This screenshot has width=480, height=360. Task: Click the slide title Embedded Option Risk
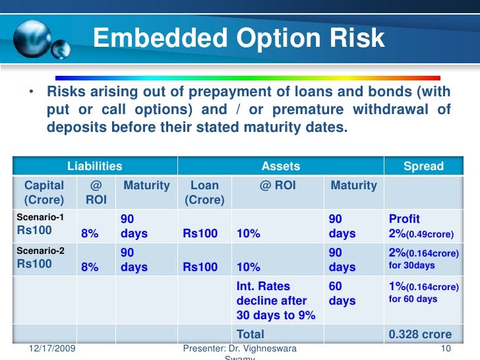239,38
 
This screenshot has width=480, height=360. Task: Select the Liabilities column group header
95,167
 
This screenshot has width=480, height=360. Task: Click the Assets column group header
281,167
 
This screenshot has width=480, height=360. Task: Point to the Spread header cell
423,167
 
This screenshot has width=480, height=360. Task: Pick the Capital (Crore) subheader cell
44,193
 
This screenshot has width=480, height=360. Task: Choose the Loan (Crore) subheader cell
204,193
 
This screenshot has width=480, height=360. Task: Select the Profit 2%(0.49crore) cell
423,226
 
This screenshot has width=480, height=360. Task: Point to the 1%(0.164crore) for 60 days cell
423,293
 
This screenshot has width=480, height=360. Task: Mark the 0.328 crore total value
420,334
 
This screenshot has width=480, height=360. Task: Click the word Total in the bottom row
250,334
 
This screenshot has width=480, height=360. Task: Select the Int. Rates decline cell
276,301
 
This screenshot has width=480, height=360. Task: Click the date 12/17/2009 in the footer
53,347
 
